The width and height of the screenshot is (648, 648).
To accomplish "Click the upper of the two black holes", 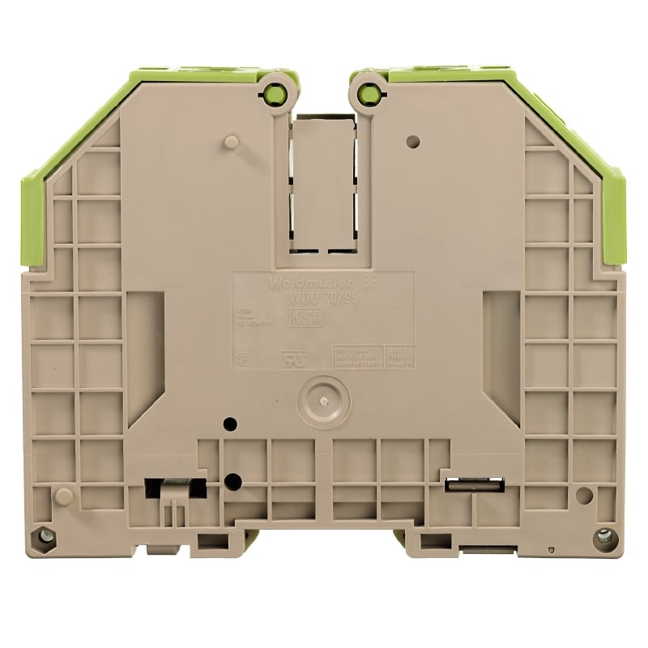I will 230,424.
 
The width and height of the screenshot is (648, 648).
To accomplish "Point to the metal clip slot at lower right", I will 475,484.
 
